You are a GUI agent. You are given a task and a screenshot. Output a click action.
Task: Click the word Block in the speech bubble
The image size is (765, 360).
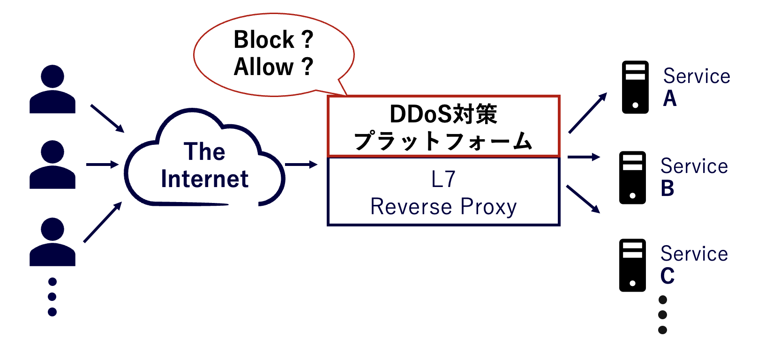[x=263, y=40]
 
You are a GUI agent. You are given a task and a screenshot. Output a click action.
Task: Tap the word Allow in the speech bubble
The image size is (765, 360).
[x=263, y=67]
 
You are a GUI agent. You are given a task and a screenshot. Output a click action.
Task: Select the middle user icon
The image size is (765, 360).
[x=52, y=165]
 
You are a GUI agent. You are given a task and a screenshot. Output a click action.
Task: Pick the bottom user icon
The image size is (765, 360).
[x=52, y=242]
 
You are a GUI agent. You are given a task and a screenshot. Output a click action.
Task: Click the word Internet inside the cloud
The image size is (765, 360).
[x=204, y=179]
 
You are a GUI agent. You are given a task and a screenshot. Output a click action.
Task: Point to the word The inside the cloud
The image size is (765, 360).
[x=204, y=152]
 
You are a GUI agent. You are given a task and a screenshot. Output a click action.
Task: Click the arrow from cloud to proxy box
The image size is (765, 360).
[x=301, y=165]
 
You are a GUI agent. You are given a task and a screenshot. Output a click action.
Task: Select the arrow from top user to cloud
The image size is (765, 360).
[x=107, y=118]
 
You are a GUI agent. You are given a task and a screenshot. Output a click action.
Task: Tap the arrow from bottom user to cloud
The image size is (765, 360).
[x=103, y=222]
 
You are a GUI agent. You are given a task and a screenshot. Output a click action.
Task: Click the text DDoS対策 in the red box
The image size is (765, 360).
[x=443, y=114]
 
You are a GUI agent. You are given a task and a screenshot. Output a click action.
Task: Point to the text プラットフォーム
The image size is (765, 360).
[x=443, y=141]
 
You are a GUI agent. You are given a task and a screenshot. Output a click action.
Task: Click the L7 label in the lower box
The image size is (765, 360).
[x=443, y=180]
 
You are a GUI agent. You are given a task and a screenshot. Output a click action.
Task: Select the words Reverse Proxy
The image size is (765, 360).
[x=443, y=207]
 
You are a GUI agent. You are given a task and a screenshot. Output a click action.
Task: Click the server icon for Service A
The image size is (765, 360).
[x=635, y=87]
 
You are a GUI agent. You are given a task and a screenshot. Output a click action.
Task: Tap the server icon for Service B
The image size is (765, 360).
[x=632, y=177]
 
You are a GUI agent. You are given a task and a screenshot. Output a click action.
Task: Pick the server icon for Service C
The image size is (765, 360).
[x=632, y=265]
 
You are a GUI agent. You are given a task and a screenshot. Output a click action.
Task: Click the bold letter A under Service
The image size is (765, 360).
[x=670, y=98]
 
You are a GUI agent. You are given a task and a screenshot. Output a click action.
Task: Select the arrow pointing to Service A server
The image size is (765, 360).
[x=588, y=113]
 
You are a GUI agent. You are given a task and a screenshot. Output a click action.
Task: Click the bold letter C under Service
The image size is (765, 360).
[x=667, y=276]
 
